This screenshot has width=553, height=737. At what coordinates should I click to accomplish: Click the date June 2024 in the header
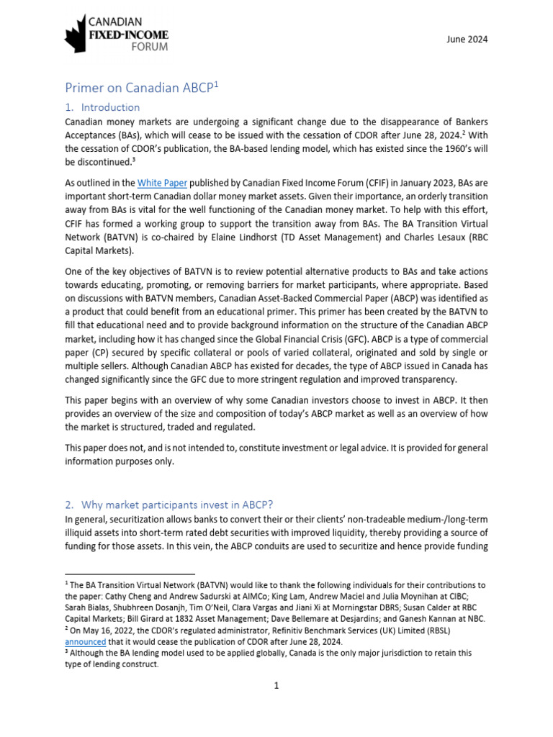pos(467,39)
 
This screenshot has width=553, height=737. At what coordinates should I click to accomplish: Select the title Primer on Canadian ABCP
pos(139,88)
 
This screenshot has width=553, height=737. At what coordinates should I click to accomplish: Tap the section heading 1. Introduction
pos(102,107)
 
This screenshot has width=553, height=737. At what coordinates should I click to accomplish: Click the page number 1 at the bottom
pos(276,686)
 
